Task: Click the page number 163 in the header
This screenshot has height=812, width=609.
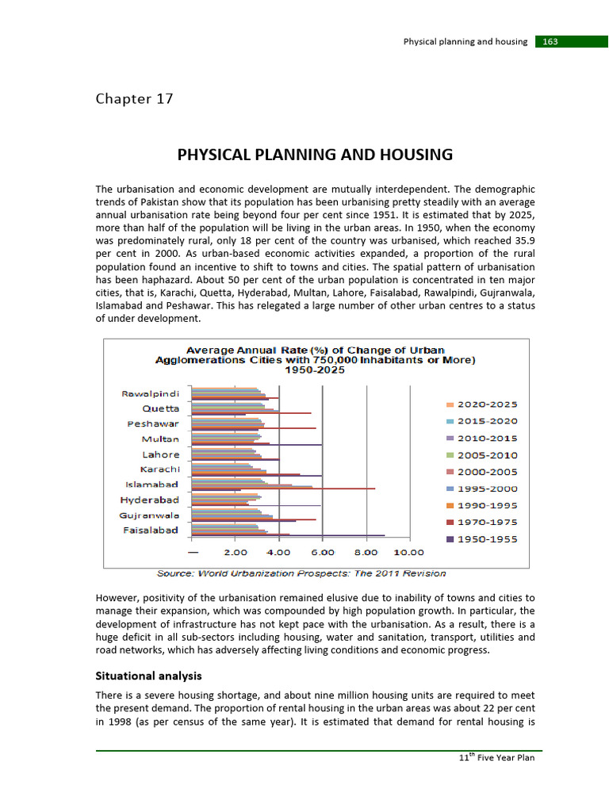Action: [x=550, y=41]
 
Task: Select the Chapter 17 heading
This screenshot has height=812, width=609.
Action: [x=134, y=99]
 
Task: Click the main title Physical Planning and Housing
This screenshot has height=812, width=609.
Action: [x=315, y=155]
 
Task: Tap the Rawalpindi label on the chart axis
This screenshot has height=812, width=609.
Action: [x=150, y=393]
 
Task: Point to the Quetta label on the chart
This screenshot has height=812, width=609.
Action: [x=160, y=408]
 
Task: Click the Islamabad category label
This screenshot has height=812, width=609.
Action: [x=152, y=485]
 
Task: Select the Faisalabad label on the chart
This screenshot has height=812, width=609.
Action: [x=151, y=530]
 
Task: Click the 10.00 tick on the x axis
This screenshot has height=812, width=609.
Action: [x=410, y=552]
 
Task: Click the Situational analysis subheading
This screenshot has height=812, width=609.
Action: [x=148, y=676]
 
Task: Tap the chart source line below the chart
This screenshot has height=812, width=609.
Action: [x=301, y=573]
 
